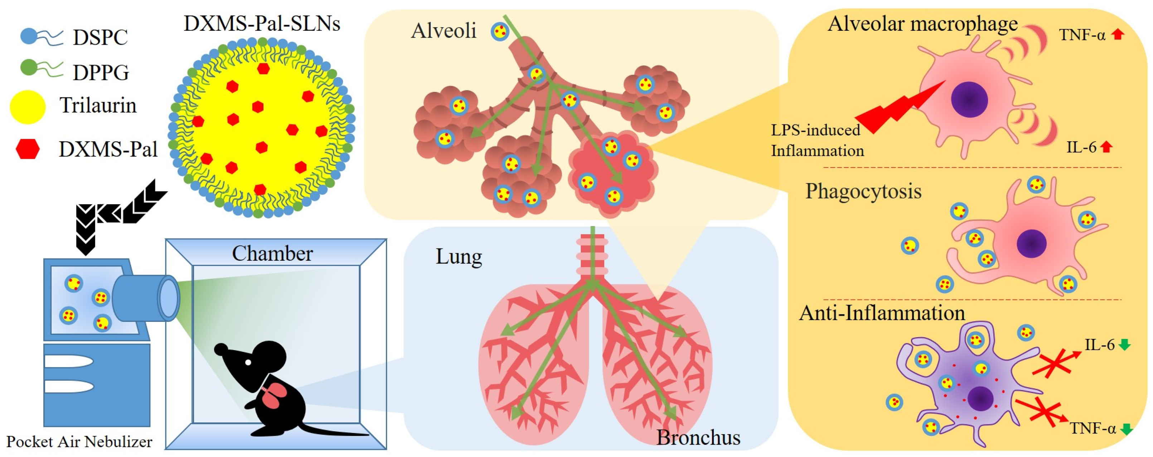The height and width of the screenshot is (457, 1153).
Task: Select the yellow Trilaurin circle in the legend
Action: coord(28,107)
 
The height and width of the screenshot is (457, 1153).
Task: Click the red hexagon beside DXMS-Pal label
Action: coord(28,149)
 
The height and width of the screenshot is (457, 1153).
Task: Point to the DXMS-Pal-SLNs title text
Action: coord(262,23)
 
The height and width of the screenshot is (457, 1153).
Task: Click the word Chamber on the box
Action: coord(272,254)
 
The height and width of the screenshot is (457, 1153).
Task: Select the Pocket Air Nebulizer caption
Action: coord(79,442)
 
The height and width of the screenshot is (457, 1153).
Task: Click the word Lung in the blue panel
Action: coord(459,257)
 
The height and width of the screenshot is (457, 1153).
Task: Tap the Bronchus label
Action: coord(698,437)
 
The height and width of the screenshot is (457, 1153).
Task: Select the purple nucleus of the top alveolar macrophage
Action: coord(969,99)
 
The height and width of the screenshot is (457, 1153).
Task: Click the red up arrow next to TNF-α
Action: coord(1118,34)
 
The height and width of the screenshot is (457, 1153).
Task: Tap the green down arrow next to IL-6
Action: coord(1124,345)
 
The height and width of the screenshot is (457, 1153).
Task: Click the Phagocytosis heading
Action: coord(863,191)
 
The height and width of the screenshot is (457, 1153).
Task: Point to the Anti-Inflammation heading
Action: coord(882,313)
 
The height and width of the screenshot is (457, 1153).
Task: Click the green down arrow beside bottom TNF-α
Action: coord(1126,429)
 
